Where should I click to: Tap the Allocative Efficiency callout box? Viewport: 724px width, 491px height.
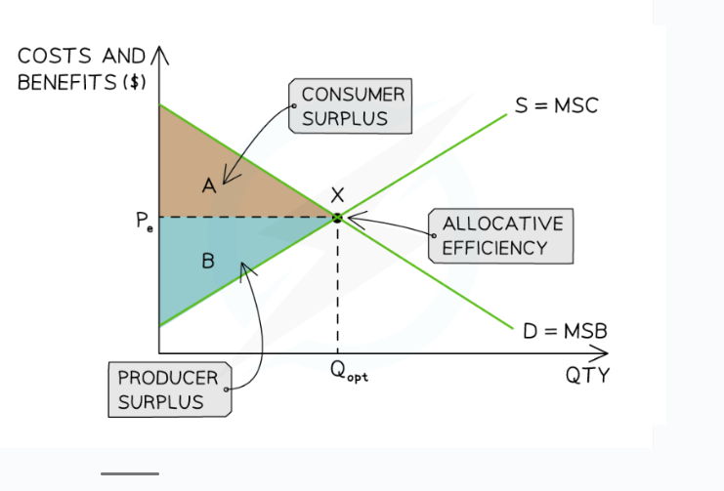click(x=502, y=235)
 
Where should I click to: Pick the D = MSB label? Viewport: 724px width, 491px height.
click(x=565, y=332)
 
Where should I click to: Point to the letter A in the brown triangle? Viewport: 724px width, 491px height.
click(x=209, y=185)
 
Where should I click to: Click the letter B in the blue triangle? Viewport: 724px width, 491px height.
click(x=207, y=261)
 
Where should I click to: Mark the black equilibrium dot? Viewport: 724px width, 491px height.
click(x=337, y=218)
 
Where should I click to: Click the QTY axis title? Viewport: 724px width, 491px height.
click(x=588, y=376)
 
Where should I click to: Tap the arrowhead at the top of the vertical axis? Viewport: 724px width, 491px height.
click(x=159, y=54)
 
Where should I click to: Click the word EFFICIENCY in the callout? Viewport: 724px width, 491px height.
click(x=494, y=248)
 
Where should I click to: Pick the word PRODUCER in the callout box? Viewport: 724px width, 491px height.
click(x=162, y=378)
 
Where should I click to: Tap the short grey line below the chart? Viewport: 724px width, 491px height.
click(x=129, y=473)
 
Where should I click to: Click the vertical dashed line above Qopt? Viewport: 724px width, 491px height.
click(x=337, y=293)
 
